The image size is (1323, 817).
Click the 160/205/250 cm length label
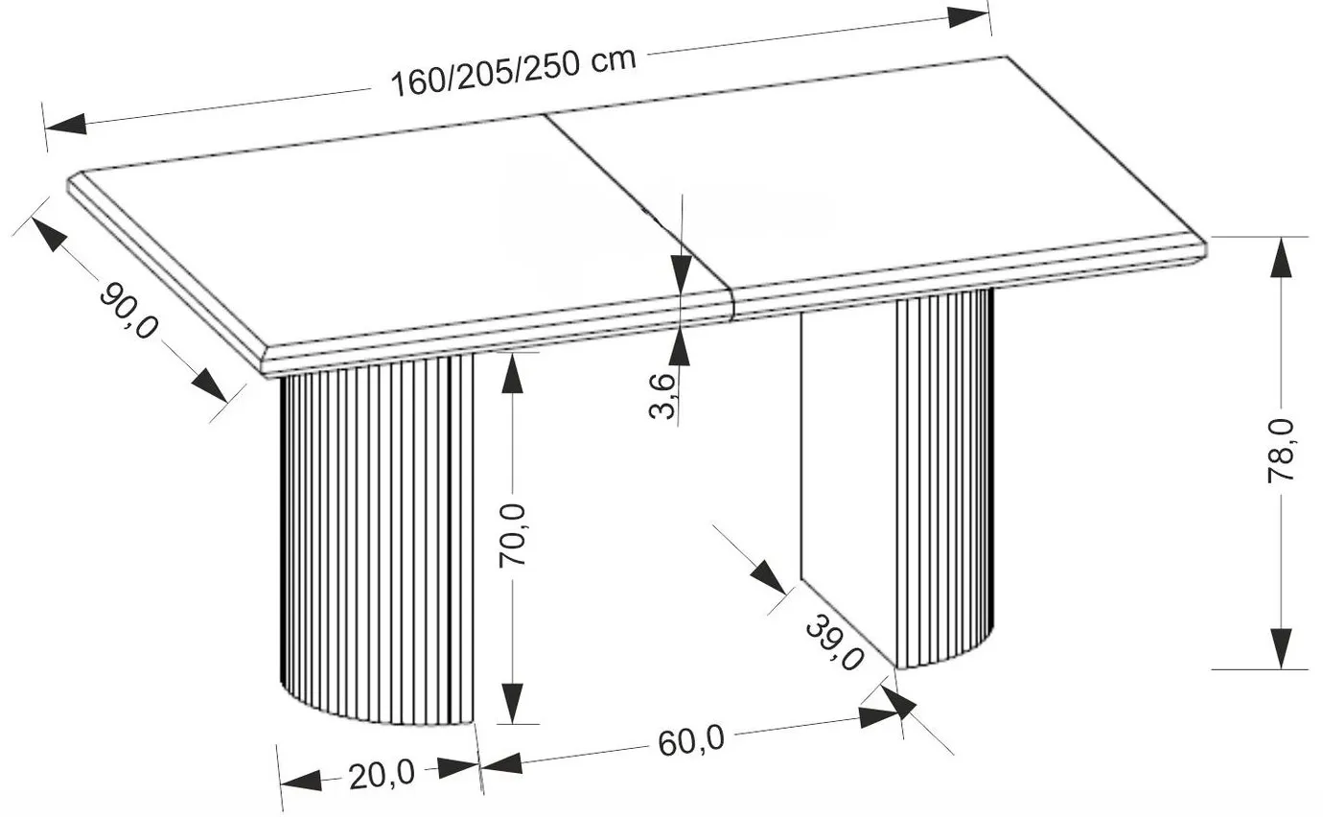[514, 72]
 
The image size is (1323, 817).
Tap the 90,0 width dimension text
[128, 311]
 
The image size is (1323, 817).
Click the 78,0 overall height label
[1281, 452]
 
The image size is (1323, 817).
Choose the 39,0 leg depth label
[835, 642]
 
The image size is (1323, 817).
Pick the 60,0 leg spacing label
[691, 741]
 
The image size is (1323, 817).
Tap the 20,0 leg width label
[382, 775]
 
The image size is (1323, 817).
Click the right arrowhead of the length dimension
[968, 16]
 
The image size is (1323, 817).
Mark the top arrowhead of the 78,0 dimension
[1281, 257]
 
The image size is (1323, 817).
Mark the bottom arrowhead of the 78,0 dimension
[1281, 648]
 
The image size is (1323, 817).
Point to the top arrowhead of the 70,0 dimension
[512, 373]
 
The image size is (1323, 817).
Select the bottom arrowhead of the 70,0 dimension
[512, 704]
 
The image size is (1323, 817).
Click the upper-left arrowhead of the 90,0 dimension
[49, 234]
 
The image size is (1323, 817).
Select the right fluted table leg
[897, 479]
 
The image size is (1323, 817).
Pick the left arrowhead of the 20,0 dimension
[301, 781]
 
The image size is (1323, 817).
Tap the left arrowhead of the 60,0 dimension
[502, 763]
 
